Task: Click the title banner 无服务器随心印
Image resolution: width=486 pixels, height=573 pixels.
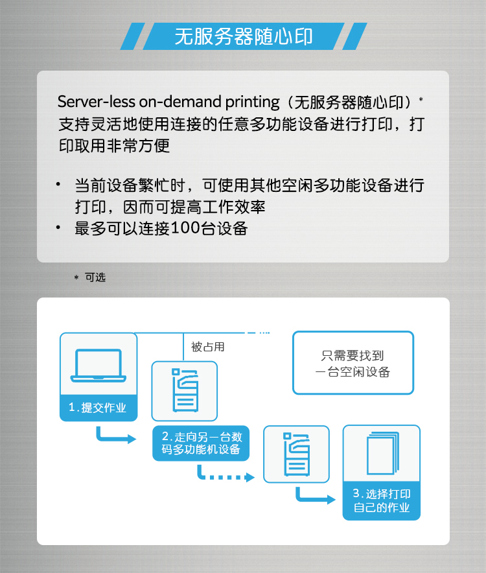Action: [x=244, y=36]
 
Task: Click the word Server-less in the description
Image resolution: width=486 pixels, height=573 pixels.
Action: [x=97, y=102]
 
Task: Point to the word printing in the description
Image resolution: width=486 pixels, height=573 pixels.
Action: [x=253, y=102]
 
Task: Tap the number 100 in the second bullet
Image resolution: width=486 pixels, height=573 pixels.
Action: [x=185, y=228]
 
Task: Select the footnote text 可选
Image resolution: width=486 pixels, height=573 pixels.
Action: [x=95, y=277]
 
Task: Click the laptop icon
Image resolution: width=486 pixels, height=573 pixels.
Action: [x=98, y=366]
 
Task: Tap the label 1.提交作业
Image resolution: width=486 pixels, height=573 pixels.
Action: [x=98, y=408]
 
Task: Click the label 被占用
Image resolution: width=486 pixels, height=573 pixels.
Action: [x=207, y=347]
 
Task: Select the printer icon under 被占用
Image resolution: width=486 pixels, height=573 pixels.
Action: [x=185, y=390]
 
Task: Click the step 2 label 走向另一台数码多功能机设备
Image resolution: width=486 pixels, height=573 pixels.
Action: [x=201, y=443]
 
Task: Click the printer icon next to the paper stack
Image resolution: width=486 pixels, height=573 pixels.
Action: [x=296, y=454]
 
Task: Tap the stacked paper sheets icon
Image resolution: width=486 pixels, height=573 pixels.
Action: [x=382, y=453]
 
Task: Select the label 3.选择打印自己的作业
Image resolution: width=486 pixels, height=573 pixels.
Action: [x=382, y=500]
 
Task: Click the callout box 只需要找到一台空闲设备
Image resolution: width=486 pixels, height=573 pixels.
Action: [x=353, y=363]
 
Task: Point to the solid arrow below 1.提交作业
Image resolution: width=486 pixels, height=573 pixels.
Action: [x=115, y=435]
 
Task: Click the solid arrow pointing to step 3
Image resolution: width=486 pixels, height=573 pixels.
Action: [x=315, y=495]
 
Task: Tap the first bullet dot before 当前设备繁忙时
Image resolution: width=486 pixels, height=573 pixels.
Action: [x=58, y=184]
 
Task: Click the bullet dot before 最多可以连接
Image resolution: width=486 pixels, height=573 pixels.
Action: [x=58, y=228]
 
